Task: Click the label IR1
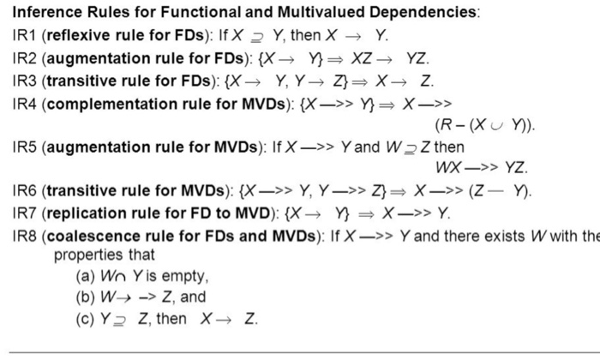[18, 37]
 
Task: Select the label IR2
[18, 60]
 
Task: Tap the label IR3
[18, 82]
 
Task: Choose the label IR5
[18, 147]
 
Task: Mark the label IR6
[18, 190]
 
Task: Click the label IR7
[18, 213]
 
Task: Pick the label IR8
[18, 235]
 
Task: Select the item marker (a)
[86, 277]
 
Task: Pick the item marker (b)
[86, 298]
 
